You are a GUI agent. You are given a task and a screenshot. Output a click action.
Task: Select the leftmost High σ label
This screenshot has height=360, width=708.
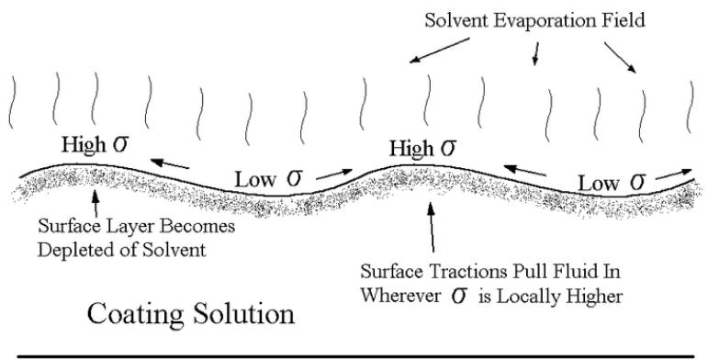(97, 144)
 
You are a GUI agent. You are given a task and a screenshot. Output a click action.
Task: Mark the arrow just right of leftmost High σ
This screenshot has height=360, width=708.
(171, 163)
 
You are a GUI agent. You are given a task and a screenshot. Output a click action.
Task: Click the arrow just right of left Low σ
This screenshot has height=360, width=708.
(334, 172)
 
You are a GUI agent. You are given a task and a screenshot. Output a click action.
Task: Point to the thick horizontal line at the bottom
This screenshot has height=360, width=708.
(354, 354)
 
